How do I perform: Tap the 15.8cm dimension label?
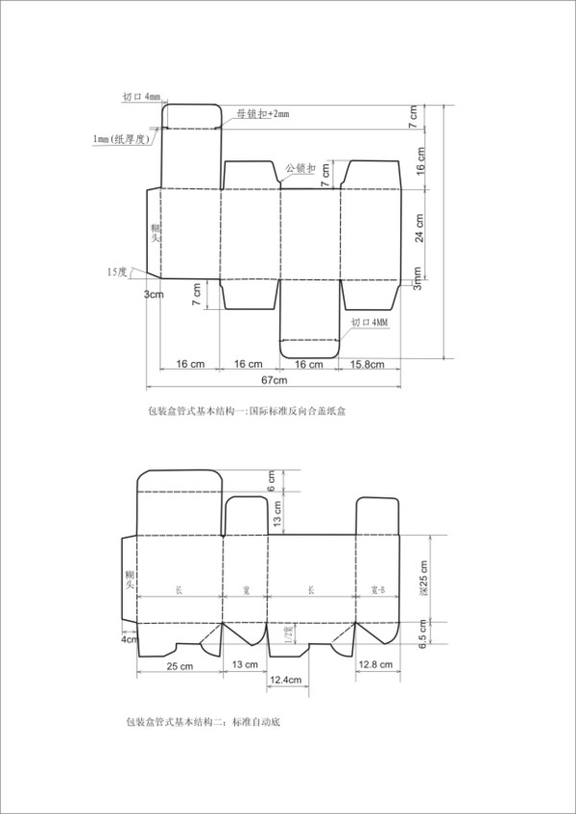pos(367,365)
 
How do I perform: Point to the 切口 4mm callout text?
pos(142,97)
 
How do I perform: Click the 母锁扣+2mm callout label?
pos(263,114)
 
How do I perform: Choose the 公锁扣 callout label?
pos(301,167)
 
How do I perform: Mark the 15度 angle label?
pos(116,272)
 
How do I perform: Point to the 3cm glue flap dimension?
pos(154,294)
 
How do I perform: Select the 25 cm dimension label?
pos(180,665)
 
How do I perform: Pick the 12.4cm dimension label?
pos(286,681)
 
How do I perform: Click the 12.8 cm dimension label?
pos(373,665)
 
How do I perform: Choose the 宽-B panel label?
pos(377,588)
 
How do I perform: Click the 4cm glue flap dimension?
pos(130,638)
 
